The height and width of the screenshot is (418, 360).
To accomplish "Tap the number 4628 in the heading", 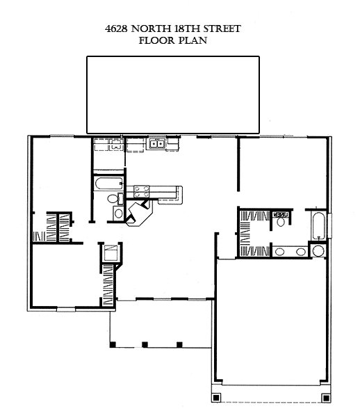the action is pos(116,29).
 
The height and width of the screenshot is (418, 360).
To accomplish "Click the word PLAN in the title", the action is pos(193,40).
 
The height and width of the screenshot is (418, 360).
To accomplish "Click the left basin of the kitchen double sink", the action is pos(154,144).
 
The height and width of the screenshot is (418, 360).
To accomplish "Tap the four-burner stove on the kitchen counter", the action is pos(142,191).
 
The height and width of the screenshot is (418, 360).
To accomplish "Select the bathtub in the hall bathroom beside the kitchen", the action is pos(108,184).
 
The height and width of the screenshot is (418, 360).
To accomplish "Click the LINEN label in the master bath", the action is pos(281,215).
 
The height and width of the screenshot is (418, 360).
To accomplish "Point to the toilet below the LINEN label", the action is pos(281,221).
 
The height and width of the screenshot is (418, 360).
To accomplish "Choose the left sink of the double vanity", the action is pos(280,251).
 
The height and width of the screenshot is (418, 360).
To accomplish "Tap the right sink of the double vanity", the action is pos(301,251).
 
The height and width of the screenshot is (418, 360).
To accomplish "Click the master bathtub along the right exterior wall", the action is pos(319,226).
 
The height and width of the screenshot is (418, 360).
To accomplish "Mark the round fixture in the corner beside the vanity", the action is pos(318,251).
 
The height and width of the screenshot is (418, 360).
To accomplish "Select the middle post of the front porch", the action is pos(145,345).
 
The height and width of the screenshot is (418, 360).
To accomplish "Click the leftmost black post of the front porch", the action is pos(113,345).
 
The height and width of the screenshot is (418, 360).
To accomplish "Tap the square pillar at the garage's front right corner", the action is pos(326,398).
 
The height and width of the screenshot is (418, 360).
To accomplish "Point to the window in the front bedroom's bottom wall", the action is pos(66,310).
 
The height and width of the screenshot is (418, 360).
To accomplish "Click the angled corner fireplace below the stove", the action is pos(140,214).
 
